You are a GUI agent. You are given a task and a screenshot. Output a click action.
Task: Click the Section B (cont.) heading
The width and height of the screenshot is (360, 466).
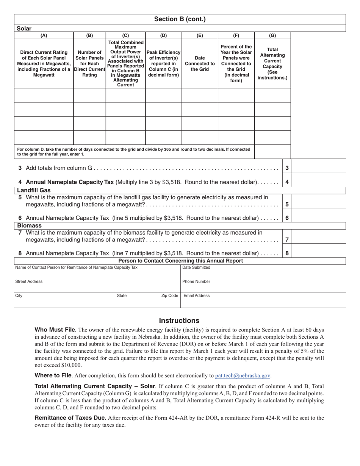(180, 19)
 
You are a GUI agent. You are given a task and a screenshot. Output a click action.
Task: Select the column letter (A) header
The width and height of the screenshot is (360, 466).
(44, 36)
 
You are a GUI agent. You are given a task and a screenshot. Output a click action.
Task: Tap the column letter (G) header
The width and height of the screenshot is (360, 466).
(272, 36)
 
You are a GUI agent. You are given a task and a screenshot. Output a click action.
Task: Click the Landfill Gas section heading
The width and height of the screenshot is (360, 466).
(34, 190)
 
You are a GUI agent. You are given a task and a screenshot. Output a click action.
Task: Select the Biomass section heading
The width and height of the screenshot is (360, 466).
(29, 225)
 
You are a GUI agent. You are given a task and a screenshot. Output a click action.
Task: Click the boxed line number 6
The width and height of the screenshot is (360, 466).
(287, 218)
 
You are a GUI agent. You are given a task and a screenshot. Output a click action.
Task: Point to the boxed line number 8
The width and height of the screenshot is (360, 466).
(287, 253)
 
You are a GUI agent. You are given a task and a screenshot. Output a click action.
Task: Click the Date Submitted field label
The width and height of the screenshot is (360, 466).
(196, 267)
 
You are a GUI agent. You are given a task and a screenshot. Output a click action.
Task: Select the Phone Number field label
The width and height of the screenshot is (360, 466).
(196, 281)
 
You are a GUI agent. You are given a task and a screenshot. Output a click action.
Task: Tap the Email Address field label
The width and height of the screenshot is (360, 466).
(196, 296)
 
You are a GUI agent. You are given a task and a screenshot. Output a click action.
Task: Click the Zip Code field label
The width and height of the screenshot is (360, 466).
(169, 296)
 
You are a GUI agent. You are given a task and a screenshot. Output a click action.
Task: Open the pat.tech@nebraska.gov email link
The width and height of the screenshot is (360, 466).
(243, 376)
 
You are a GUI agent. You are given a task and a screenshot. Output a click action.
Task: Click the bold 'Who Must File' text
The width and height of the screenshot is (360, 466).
(55, 330)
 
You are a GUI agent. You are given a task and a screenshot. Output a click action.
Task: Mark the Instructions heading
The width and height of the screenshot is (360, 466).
(179, 321)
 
